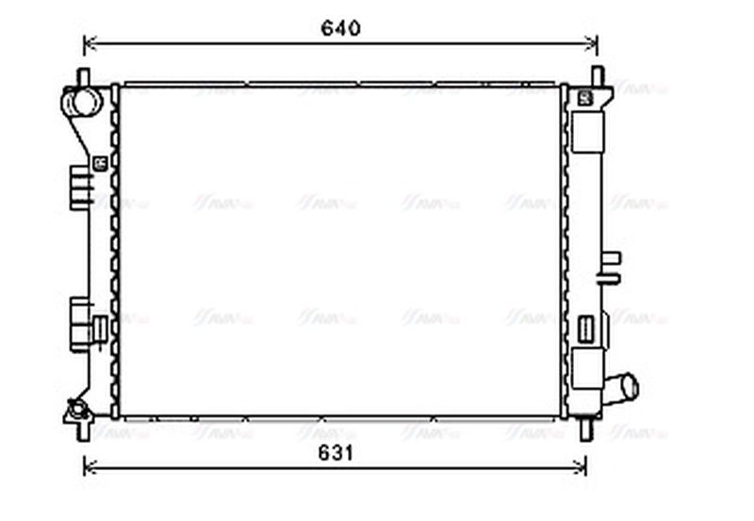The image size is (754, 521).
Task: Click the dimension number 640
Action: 340,28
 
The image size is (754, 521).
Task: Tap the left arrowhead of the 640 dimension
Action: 89,42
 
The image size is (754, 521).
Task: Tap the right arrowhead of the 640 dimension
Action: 593,42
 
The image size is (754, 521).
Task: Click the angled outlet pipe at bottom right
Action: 622,386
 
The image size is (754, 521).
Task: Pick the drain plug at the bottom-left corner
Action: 76,410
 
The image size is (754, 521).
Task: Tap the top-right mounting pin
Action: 597,75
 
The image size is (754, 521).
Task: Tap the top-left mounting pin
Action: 83,75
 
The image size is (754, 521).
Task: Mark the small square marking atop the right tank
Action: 583,96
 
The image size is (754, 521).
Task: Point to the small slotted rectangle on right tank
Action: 585,330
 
